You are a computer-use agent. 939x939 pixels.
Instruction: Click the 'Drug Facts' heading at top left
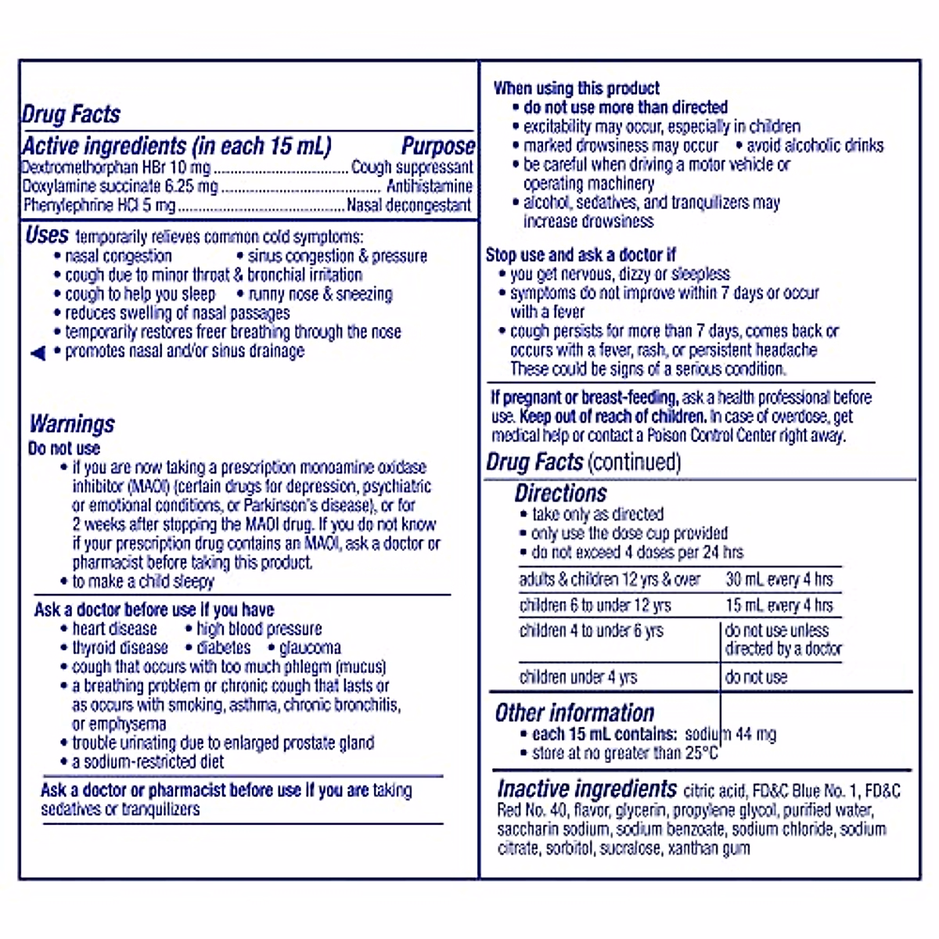coord(70,114)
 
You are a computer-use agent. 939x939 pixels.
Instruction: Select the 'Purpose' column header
coord(438,146)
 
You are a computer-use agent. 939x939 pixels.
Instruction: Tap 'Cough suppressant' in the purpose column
coord(412,167)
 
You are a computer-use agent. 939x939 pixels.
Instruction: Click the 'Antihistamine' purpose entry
coord(430,186)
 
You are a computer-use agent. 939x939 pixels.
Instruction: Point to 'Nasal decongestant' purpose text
coord(408,206)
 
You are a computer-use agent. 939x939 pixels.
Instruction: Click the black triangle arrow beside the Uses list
coord(38,354)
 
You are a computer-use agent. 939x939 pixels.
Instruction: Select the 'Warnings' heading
coord(72,424)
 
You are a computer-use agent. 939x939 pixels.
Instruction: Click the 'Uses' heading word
coord(47,236)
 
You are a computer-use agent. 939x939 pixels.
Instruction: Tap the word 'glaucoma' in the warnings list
coord(310,648)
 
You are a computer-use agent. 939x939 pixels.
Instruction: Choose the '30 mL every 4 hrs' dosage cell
coord(779,580)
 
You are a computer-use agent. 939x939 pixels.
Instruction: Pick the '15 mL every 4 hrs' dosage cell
coord(779,606)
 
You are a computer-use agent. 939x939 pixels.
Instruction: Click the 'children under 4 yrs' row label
coord(578,677)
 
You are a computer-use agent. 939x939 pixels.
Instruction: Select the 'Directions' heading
coord(560,494)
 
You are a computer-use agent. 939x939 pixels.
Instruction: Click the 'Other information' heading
coord(574,713)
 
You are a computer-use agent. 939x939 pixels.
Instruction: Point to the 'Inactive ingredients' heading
coord(587,789)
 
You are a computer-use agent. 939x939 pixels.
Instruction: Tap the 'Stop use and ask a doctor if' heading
coord(581,255)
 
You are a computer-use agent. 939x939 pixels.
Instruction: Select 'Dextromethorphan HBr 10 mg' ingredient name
coord(116,167)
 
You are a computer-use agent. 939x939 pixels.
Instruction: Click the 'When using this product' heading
coord(576,88)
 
